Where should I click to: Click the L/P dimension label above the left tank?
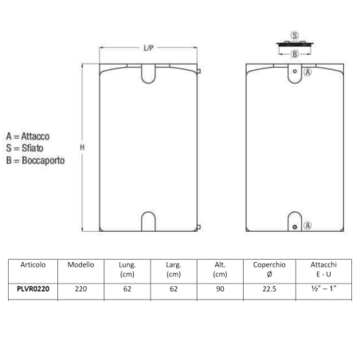point(149,49)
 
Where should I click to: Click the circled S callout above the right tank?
point(295,37)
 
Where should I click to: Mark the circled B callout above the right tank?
point(295,54)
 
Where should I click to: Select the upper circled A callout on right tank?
point(308,72)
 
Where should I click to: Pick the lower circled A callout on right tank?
point(308,226)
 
